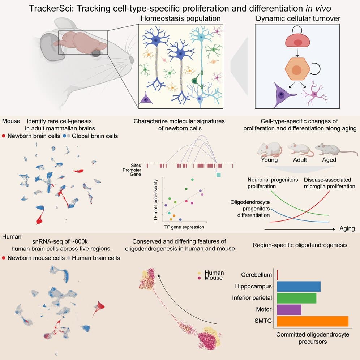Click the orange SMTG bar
(312, 321)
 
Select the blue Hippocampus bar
(299, 286)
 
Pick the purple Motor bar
(289, 310)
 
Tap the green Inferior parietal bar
(296, 298)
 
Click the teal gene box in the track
(218, 175)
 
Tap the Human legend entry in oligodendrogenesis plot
(214, 273)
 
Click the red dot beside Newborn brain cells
(4, 136)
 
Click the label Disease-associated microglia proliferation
(329, 183)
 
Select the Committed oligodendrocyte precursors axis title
(312, 338)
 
